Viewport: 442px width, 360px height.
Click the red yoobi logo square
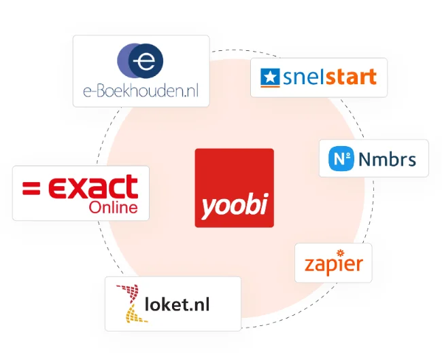pos(234,187)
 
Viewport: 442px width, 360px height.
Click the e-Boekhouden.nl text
pos(141,92)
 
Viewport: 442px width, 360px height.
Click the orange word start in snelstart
pos(350,77)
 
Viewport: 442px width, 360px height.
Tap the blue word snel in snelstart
pos(302,77)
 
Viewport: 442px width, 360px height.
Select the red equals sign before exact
pos(31,187)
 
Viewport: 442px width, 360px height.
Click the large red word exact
pos(91,187)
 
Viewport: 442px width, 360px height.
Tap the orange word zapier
pos(333,264)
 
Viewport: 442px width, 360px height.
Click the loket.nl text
pos(177,304)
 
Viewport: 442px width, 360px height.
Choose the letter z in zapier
pos(309,265)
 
